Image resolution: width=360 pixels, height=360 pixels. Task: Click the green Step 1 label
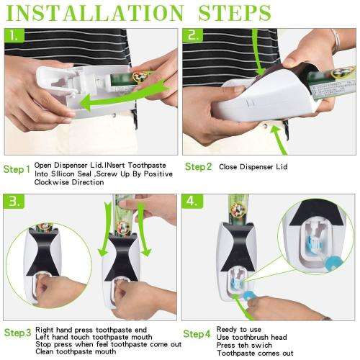tap(17, 170)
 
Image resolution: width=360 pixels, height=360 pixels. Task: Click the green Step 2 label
tap(198, 167)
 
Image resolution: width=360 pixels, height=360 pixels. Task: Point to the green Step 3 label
tap(17, 333)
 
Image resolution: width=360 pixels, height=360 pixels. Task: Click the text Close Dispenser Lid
tap(254, 166)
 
